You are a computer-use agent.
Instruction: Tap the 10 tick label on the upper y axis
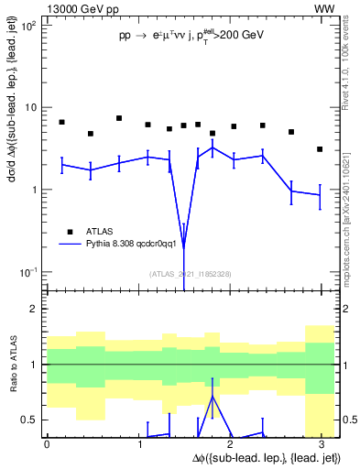(x=32, y=108)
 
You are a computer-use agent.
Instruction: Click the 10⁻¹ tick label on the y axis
(x=29, y=272)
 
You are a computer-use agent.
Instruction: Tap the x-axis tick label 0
(x=47, y=444)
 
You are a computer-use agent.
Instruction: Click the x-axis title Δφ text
(x=266, y=457)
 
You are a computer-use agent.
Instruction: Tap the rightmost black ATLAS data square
(x=320, y=149)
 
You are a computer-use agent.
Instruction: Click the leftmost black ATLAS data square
(x=61, y=122)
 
